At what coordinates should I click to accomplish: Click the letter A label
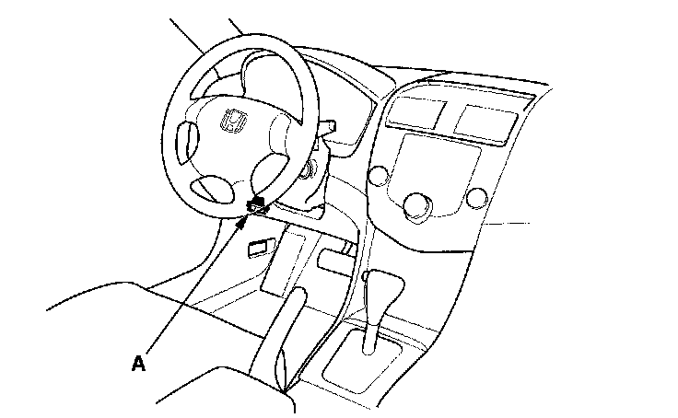coord(138,364)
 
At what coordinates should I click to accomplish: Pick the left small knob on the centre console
coord(377,175)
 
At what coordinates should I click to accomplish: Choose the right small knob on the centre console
coord(476,197)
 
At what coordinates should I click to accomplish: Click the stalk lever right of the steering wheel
coord(328,125)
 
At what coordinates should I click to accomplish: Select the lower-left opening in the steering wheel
coord(215,189)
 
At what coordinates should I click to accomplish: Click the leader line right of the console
coord(507,222)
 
